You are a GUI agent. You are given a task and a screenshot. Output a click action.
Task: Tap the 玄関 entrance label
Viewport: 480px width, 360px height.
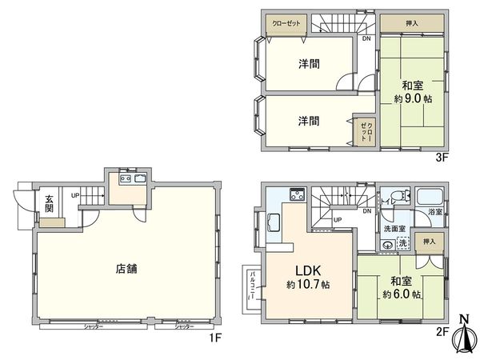tap(49, 204)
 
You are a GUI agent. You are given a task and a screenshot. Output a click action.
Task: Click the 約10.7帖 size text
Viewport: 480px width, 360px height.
tap(308, 285)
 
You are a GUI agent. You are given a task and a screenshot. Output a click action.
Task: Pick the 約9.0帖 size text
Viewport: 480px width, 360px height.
tap(412, 99)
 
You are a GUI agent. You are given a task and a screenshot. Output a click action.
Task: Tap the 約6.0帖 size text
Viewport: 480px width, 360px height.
tap(401, 294)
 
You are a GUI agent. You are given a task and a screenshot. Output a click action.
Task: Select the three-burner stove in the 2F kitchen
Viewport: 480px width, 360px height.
tap(295, 194)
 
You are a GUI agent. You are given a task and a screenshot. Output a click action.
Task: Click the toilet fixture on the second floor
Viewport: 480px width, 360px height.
tap(400, 197)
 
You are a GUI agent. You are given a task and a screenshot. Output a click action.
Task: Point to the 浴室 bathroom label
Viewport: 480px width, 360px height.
tap(435, 213)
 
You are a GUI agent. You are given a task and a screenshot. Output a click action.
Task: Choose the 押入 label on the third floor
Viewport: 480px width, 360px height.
tap(411, 24)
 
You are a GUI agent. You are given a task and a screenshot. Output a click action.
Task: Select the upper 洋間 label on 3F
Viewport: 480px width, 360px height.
tap(310, 64)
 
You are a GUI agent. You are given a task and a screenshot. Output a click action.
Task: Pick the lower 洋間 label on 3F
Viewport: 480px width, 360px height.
tap(310, 122)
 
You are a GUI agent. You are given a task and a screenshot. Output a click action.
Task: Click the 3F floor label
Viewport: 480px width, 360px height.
tap(442, 158)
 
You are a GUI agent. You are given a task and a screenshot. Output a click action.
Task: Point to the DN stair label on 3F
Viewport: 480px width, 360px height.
tap(366, 38)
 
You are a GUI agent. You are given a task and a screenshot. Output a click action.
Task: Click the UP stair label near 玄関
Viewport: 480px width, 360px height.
tap(75, 195)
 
